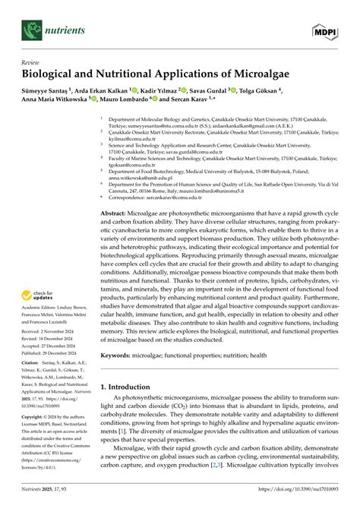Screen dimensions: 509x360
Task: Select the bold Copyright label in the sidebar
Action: [36, 439]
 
